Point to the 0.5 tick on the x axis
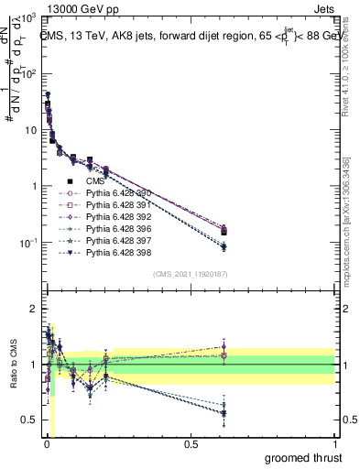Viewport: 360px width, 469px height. (x=190, y=443)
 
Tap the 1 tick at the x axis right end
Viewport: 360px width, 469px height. (x=334, y=443)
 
